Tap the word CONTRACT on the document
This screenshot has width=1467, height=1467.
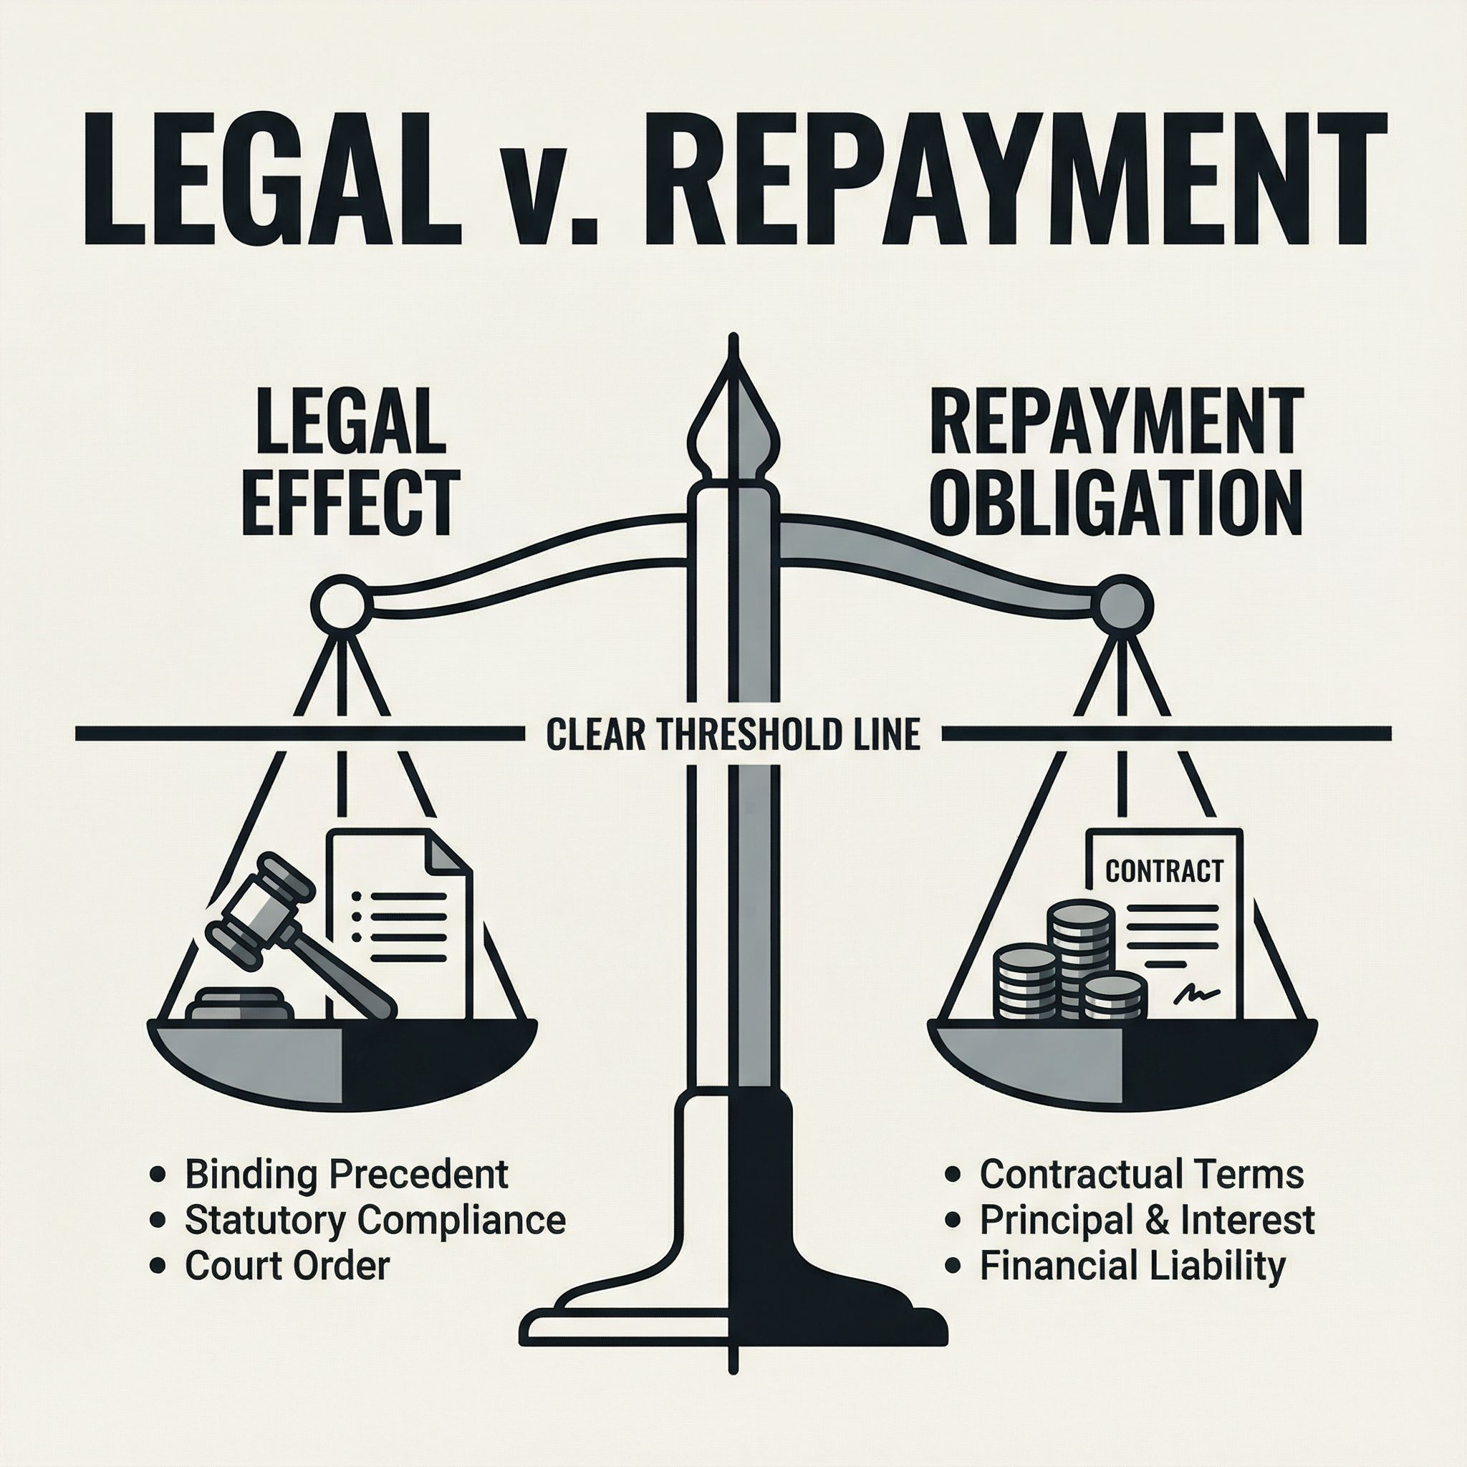(x=1164, y=870)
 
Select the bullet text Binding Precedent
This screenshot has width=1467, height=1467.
(x=346, y=1174)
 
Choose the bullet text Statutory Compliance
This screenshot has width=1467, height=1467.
(x=375, y=1219)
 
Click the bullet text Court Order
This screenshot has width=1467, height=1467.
(x=287, y=1265)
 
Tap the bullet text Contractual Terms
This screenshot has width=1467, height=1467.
(x=1141, y=1174)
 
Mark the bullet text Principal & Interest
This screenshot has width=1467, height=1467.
(x=1147, y=1219)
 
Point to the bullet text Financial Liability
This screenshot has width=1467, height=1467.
(x=1132, y=1265)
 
